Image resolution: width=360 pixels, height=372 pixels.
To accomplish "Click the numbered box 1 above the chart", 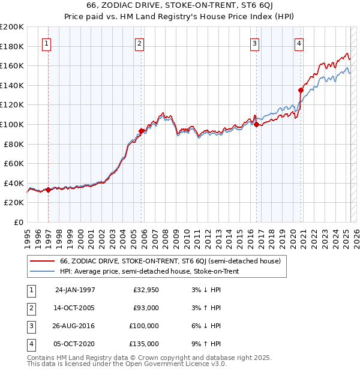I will pyautogui.click(x=47, y=43).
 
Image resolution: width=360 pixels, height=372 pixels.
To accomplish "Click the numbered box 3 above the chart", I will pyautogui.click(x=255, y=43).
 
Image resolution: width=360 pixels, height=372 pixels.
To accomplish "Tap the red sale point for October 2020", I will pyautogui.click(x=301, y=90).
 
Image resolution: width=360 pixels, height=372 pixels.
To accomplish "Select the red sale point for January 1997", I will pyautogui.click(x=49, y=190).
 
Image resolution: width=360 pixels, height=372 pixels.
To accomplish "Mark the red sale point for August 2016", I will pyautogui.click(x=257, y=124).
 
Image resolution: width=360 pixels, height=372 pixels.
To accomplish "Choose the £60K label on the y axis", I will pyautogui.click(x=14, y=163).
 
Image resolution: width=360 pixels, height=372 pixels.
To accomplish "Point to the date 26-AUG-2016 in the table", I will pyautogui.click(x=75, y=326).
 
